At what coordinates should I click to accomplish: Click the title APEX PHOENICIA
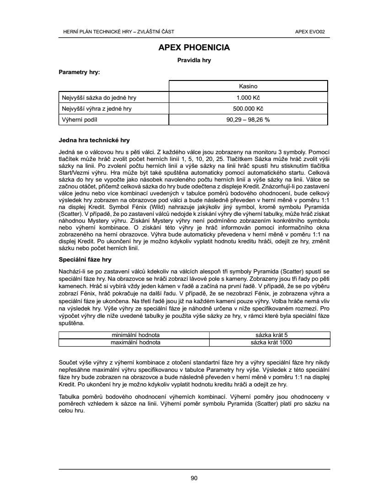tap(194, 48)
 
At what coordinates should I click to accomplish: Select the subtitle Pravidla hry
tap(194, 60)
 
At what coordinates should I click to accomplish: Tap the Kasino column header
tap(248, 86)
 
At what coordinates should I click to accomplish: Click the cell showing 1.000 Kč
tap(248, 97)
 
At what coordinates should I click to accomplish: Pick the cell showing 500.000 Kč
tap(248, 109)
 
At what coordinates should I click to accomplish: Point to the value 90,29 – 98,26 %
tap(248, 120)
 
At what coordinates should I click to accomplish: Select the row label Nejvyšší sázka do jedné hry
tap(99, 97)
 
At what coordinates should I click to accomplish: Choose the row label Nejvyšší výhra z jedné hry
tap(97, 109)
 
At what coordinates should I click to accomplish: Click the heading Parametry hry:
tap(79, 72)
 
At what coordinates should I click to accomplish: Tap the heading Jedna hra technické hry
tap(94, 140)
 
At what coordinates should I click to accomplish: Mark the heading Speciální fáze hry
tap(85, 259)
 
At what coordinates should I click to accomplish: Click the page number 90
tap(194, 478)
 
